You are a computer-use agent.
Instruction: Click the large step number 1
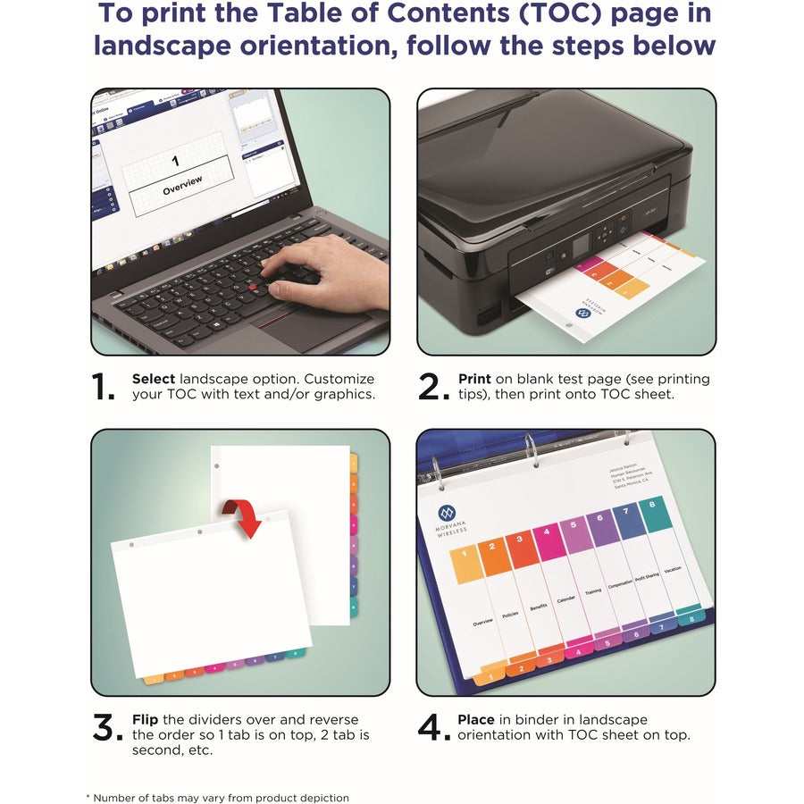pyautogui.click(x=105, y=387)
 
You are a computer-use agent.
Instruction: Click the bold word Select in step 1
pyautogui.click(x=154, y=379)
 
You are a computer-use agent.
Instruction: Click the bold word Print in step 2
pyautogui.click(x=475, y=379)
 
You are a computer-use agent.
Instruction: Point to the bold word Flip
pyautogui.click(x=146, y=719)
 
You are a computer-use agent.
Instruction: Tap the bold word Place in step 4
pyautogui.click(x=476, y=719)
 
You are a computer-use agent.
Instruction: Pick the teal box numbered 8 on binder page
pyautogui.click(x=657, y=515)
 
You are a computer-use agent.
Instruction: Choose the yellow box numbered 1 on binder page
pyautogui.click(x=466, y=566)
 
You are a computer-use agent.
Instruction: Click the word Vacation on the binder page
pyautogui.click(x=672, y=569)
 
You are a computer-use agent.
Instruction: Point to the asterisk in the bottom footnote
pyautogui.click(x=88, y=796)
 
